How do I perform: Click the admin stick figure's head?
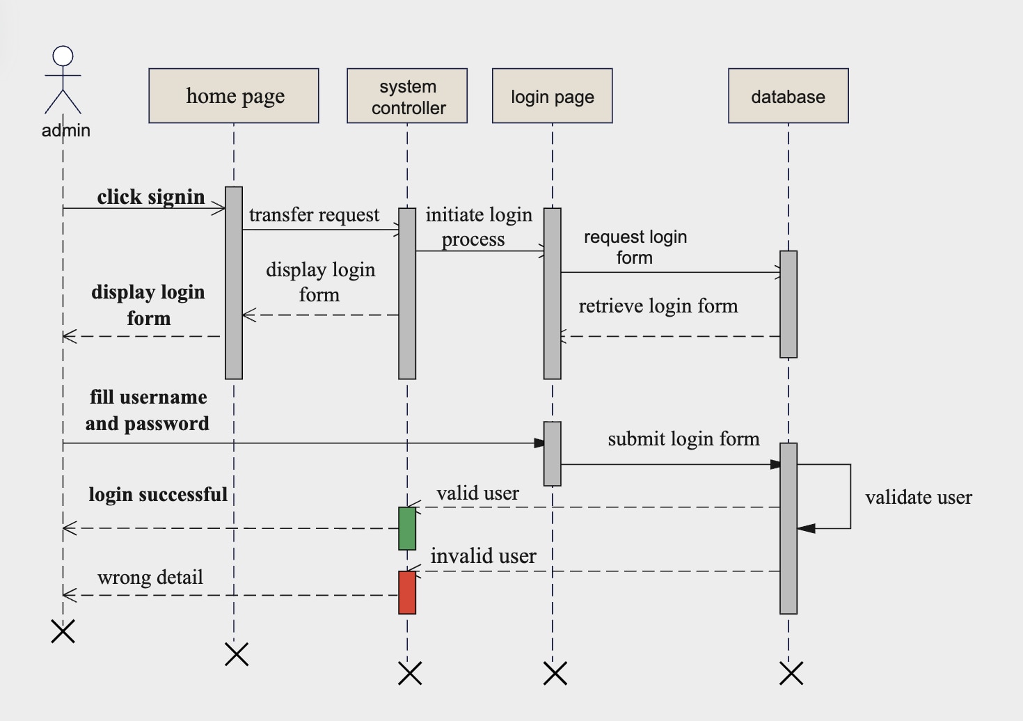coord(63,56)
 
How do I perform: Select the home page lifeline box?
coord(234,96)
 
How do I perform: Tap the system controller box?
coord(407,96)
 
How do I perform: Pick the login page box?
coord(553,96)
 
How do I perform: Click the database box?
coord(788,96)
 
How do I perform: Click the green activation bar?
coord(407,528)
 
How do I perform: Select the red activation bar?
coord(407,592)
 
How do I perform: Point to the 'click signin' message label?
coord(151,197)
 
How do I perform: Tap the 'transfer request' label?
coord(315,215)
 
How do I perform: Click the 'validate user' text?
coord(919,498)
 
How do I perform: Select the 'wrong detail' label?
coord(150,578)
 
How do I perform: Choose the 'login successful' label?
coord(158,495)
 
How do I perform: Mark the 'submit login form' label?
coord(683,439)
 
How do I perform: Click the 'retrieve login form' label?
coord(658,306)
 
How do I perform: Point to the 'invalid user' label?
coord(484,557)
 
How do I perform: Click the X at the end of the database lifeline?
coord(791,674)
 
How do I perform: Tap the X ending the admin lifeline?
coord(63,632)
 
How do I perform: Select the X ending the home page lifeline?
coord(237,654)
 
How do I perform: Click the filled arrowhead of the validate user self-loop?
coord(807,529)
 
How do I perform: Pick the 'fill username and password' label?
coord(148,411)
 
